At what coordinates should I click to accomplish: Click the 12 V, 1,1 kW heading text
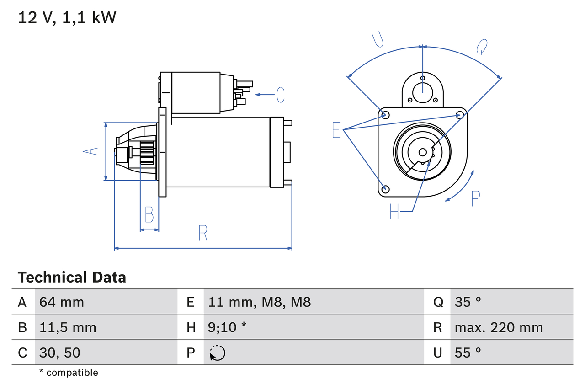coord(67,18)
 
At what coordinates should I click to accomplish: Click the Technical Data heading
coord(72,278)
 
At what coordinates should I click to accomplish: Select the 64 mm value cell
coord(62,302)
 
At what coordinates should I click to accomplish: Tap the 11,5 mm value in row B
coord(68,327)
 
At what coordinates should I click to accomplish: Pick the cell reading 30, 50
coord(60,353)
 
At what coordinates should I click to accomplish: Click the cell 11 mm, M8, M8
coord(259,302)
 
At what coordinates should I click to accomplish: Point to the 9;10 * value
coord(227,327)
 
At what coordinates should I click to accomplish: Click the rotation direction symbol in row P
coord(218,353)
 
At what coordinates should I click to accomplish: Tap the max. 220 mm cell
coord(499,327)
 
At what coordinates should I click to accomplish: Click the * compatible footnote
coord(69,373)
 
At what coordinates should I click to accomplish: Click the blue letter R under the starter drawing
coord(203,233)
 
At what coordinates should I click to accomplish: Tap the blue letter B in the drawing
coord(149,214)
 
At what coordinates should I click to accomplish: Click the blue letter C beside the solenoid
coord(280,95)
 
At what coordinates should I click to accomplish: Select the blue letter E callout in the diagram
coord(336,130)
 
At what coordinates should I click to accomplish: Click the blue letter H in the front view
coord(394,211)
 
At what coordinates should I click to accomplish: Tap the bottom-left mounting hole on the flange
coord(385,189)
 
